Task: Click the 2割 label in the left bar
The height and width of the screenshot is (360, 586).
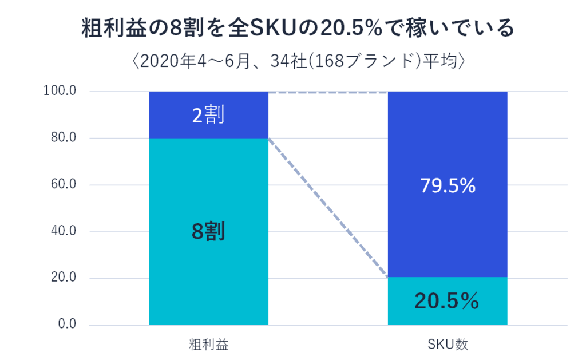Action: pyautogui.click(x=208, y=115)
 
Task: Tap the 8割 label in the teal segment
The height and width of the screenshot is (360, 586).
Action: pyautogui.click(x=208, y=231)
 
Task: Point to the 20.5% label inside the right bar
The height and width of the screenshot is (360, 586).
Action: pyautogui.click(x=448, y=301)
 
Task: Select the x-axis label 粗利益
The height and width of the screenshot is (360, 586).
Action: pyautogui.click(x=208, y=345)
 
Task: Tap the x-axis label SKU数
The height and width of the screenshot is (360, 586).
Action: pyautogui.click(x=448, y=345)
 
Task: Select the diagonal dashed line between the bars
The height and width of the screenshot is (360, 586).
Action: pyautogui.click(x=328, y=208)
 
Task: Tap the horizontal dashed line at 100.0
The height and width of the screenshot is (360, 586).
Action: pyautogui.click(x=328, y=92)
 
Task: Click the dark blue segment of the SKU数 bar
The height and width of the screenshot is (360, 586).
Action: pyautogui.click(x=448, y=143)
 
